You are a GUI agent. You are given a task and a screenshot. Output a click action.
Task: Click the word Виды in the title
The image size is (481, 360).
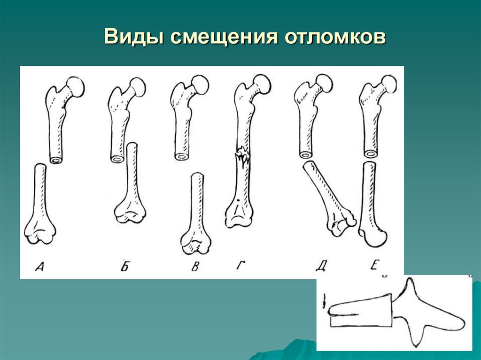(133, 37)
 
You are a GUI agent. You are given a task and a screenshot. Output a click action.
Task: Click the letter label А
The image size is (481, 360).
(39, 266)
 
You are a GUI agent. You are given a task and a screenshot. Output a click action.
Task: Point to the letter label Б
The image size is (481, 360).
(124, 266)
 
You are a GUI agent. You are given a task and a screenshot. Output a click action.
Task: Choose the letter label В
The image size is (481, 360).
(195, 266)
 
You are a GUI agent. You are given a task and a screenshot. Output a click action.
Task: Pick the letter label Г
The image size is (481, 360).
(241, 265)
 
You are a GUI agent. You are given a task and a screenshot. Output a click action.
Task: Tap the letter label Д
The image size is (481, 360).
(320, 266)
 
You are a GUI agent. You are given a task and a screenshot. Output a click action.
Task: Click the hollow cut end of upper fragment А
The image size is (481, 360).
(56, 160)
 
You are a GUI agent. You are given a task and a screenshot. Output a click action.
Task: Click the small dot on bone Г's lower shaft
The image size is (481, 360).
(238, 201)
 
